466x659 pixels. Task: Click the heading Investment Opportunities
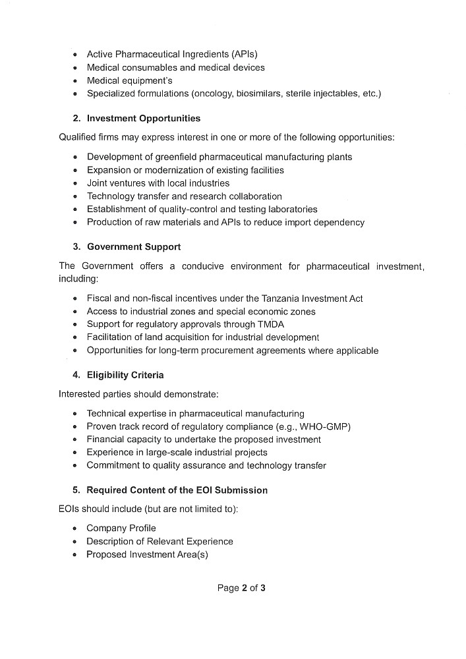144,119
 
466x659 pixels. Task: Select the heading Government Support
134,246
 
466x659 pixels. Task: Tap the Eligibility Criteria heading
125,375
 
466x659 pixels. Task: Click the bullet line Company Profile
121,528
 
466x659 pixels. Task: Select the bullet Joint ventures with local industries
158,183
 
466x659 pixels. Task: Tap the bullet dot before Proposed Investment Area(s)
76,555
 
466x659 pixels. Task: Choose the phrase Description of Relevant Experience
160,541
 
